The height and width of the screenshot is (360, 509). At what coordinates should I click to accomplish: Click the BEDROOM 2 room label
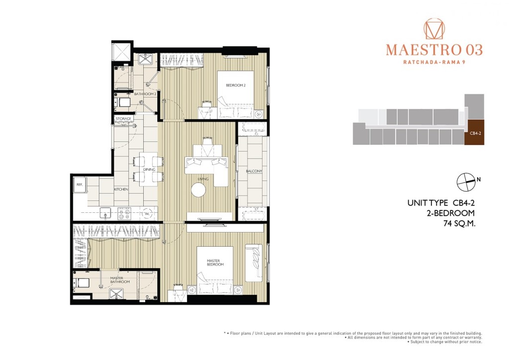[236, 86]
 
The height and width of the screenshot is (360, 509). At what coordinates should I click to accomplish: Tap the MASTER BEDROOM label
[216, 262]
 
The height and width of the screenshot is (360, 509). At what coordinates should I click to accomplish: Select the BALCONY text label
[254, 172]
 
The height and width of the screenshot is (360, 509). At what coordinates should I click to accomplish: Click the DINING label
[149, 170]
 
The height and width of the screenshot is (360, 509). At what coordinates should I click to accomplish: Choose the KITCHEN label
[121, 189]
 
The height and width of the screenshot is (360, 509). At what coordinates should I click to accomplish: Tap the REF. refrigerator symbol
[79, 185]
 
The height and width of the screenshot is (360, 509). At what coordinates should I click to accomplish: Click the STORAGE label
[124, 119]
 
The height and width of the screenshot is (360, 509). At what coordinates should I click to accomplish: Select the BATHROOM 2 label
[145, 93]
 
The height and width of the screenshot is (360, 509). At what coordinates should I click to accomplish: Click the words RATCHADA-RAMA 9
[434, 62]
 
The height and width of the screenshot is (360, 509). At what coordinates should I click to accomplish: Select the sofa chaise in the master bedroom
[254, 262]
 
